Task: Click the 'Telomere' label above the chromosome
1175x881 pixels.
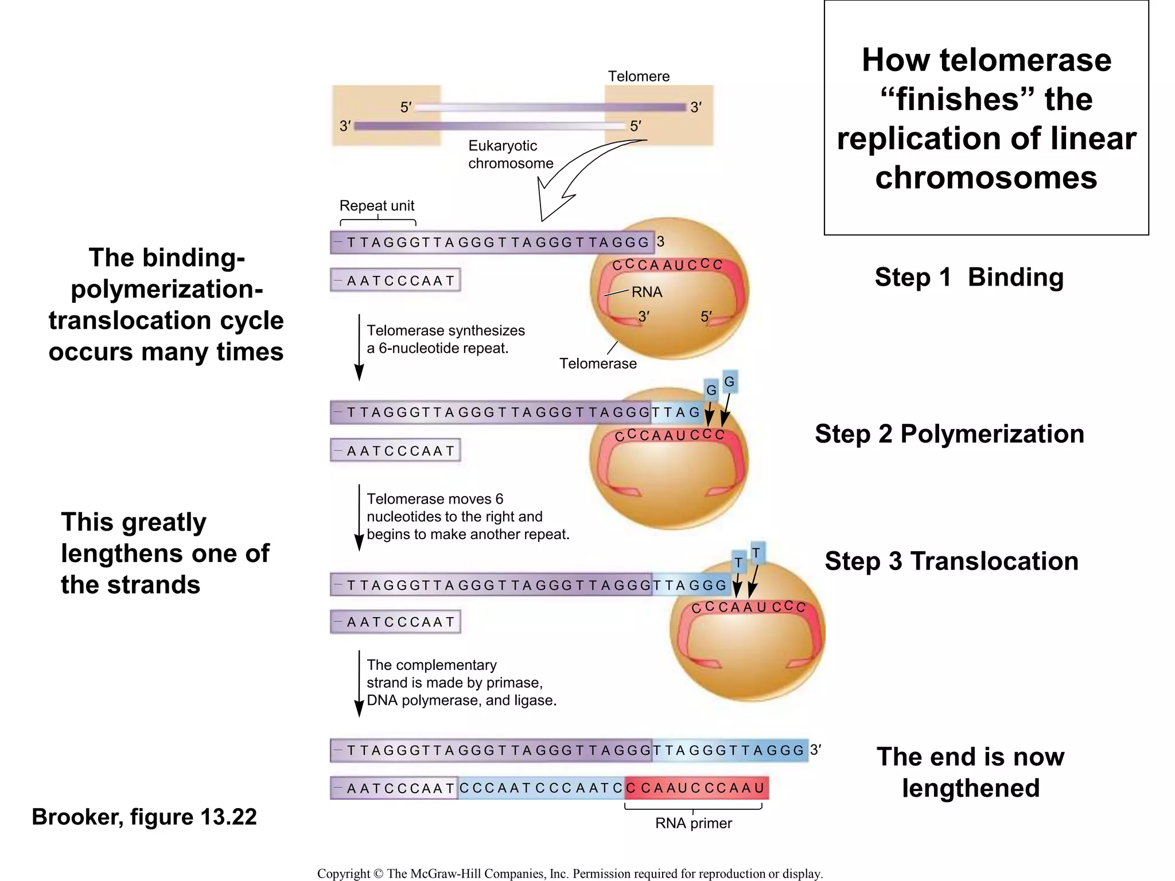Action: click(638, 76)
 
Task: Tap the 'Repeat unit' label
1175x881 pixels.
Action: click(376, 205)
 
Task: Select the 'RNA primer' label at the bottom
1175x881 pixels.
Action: click(693, 823)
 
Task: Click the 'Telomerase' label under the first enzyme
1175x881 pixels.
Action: click(598, 364)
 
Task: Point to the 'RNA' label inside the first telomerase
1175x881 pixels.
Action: click(647, 292)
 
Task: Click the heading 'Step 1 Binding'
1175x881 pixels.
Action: click(968, 277)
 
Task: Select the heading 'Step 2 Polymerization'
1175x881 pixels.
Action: click(949, 434)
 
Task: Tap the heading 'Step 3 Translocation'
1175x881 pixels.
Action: click(951, 561)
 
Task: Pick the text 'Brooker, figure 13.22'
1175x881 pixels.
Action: click(144, 817)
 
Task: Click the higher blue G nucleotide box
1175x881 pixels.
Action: click(729, 382)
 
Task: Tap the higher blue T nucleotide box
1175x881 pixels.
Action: click(756, 553)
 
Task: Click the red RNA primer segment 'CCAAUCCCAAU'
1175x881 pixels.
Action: click(697, 788)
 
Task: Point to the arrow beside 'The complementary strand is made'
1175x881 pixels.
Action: click(359, 684)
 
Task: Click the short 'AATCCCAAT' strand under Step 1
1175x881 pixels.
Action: click(395, 280)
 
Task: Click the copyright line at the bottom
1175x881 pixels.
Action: click(570, 873)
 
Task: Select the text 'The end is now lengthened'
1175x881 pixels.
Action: click(970, 772)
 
